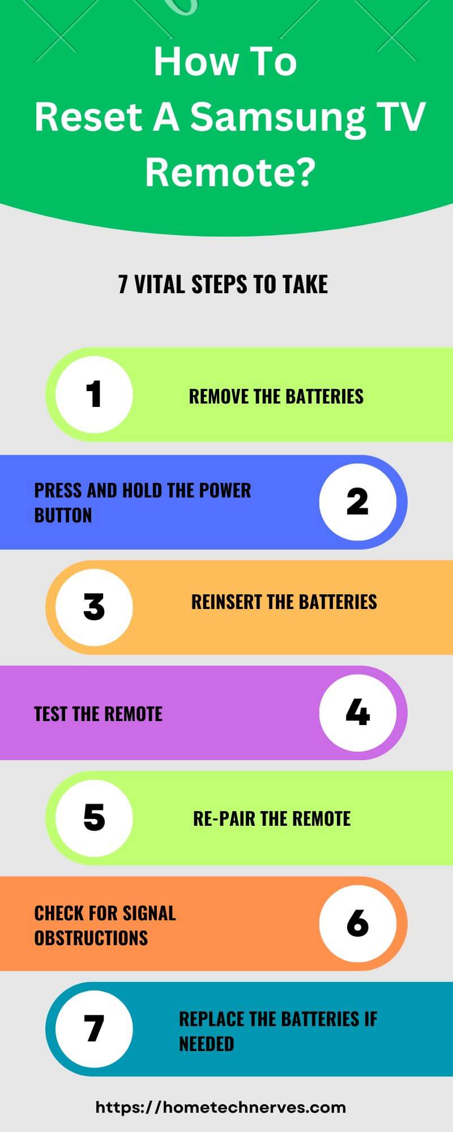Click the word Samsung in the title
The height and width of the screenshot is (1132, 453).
(x=277, y=117)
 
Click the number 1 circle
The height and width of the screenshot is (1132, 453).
(x=94, y=395)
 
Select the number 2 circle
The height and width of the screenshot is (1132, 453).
(x=357, y=501)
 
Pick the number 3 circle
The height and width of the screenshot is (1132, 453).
(x=94, y=607)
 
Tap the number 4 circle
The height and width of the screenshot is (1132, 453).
(x=357, y=713)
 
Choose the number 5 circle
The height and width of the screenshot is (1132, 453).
(x=94, y=818)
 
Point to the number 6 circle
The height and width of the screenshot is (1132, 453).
(x=357, y=924)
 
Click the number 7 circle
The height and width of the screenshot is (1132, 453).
(x=94, y=1028)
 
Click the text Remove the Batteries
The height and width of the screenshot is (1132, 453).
(x=276, y=396)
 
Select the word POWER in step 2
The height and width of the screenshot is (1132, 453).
(x=225, y=490)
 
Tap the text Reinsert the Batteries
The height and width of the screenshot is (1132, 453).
(x=284, y=602)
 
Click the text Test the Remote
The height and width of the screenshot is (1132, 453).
(x=98, y=714)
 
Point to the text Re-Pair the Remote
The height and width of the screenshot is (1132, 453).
(x=272, y=818)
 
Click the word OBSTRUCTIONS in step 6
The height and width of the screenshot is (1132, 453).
(x=91, y=938)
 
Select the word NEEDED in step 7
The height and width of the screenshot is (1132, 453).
(x=206, y=1044)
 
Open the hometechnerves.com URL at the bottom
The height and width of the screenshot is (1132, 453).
(x=221, y=1107)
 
